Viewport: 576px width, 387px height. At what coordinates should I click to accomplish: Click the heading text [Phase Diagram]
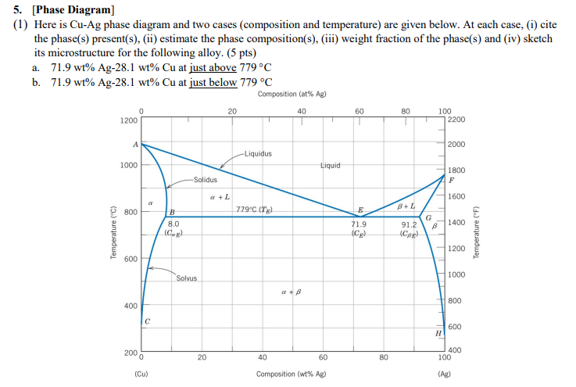click(x=73, y=10)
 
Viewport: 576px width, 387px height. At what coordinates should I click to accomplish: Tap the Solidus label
click(x=206, y=180)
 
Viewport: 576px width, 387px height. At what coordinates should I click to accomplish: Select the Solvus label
click(x=187, y=278)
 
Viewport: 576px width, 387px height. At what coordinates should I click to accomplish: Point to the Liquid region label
click(x=332, y=165)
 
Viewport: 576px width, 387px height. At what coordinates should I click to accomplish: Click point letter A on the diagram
click(x=134, y=144)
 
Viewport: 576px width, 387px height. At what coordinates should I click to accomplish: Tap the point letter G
click(x=429, y=217)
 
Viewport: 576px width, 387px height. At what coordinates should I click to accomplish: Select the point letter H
click(x=438, y=333)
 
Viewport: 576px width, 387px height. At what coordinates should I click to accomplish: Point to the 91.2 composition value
click(x=409, y=224)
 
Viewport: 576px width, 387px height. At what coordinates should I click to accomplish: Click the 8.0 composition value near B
click(x=174, y=224)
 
